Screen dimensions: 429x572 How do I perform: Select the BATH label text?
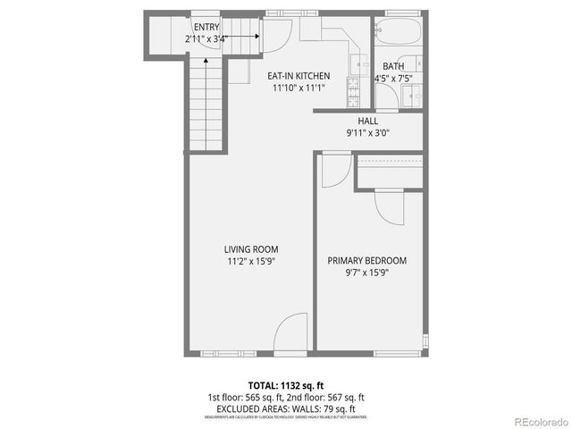393,67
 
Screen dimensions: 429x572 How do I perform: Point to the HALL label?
367,122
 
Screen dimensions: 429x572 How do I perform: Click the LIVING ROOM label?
250,249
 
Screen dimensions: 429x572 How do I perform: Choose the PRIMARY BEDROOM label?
366,260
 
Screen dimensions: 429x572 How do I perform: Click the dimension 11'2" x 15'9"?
250,261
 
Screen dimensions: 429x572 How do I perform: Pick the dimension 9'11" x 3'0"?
367,133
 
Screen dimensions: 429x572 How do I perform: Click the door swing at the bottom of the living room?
291,336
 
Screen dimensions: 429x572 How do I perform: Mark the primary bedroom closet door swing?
391,208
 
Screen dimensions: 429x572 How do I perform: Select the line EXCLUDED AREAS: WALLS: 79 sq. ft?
285,408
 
